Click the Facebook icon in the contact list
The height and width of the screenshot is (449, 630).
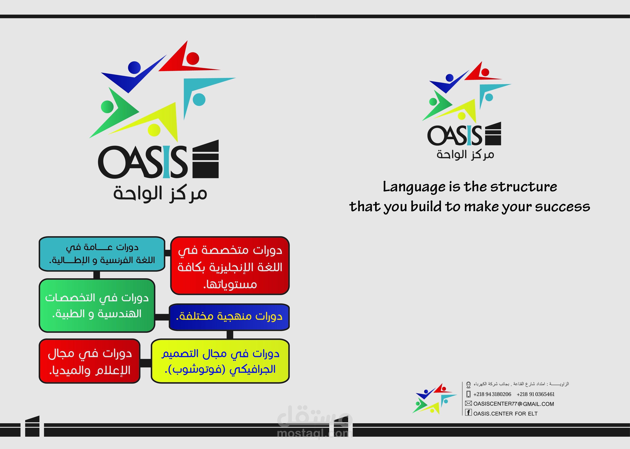(x=468, y=413)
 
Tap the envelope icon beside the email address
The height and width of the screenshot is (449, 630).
(x=468, y=403)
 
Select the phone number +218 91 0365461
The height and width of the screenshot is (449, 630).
(x=535, y=394)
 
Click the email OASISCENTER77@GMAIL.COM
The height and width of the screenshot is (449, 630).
(x=514, y=404)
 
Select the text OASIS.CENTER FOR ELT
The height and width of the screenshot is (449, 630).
(x=505, y=414)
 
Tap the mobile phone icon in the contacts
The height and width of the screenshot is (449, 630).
(x=468, y=394)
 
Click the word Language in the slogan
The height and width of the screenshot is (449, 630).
(x=414, y=187)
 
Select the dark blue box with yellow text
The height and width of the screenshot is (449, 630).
(x=229, y=317)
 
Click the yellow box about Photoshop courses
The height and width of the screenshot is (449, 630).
(x=220, y=361)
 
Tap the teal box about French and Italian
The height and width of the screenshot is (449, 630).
(x=102, y=254)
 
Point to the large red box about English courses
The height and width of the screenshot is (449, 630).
(x=230, y=265)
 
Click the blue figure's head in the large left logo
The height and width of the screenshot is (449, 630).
(x=134, y=67)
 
